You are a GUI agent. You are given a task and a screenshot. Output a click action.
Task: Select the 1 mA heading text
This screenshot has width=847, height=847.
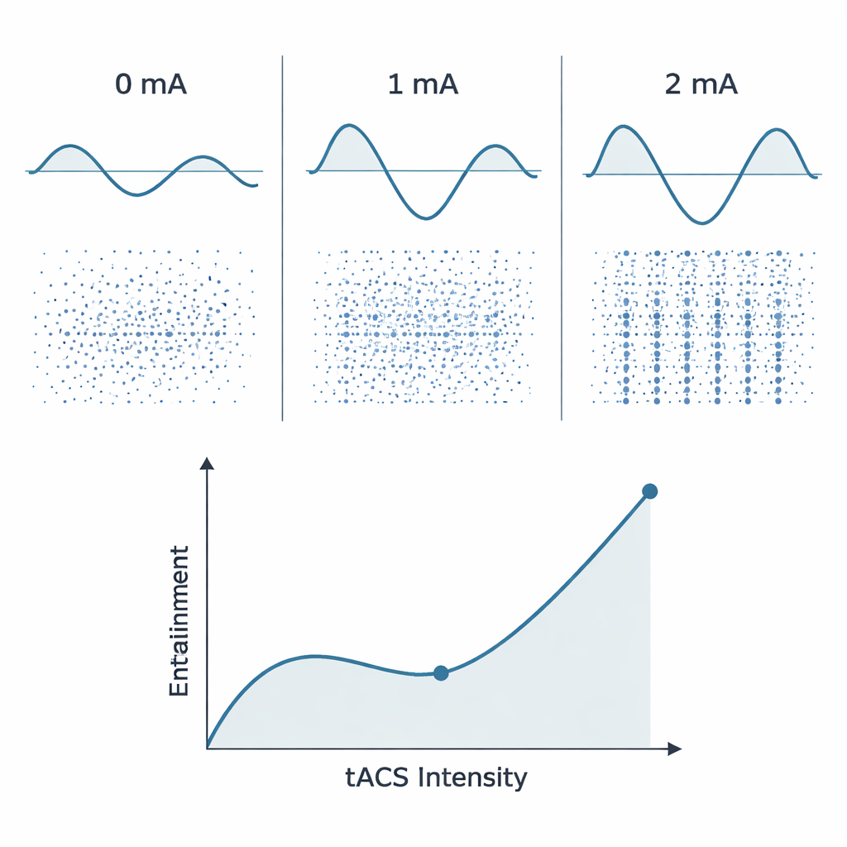tap(423, 85)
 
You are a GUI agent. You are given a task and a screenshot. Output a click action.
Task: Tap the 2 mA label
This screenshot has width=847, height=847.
tap(701, 85)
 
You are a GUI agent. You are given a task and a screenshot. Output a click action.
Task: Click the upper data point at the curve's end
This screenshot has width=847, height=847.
tap(650, 491)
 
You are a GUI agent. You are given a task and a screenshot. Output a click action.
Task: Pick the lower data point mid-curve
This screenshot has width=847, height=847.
tap(441, 673)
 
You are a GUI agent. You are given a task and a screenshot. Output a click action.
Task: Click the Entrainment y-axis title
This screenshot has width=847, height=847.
tap(179, 620)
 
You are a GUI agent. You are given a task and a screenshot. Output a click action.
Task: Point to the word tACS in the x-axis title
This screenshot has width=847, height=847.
tap(376, 778)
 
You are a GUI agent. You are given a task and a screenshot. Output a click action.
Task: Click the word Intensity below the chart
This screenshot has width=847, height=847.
tap(473, 778)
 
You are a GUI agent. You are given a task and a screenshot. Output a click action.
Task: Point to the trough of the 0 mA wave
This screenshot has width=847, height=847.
tap(138, 195)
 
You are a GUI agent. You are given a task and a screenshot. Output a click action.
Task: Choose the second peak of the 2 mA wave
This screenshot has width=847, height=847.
tap(778, 129)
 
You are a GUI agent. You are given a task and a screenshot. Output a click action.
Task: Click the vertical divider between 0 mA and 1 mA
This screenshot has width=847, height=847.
tap(283, 240)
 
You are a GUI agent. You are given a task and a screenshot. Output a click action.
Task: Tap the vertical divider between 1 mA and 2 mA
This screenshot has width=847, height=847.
tap(562, 240)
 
